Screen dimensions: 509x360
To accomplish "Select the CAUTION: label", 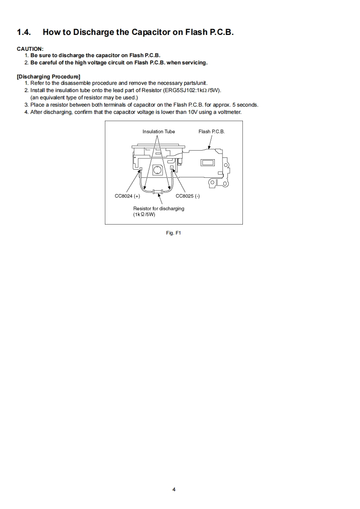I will tap(30, 49).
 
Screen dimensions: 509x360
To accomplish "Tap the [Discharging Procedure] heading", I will tap(48, 76).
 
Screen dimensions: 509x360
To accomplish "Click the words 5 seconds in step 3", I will tap(245, 105).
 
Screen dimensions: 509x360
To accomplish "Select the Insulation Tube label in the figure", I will tap(158, 132).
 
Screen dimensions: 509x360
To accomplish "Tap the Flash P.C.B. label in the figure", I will tap(212, 132).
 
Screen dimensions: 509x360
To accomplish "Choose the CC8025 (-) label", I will tap(187, 196).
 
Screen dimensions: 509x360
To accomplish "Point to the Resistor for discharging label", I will tap(158, 208).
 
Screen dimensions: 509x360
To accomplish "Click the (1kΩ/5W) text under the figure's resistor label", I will tap(144, 214).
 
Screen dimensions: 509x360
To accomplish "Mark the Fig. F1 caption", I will tap(174, 233).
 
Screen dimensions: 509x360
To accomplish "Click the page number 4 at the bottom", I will tap(174, 489).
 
